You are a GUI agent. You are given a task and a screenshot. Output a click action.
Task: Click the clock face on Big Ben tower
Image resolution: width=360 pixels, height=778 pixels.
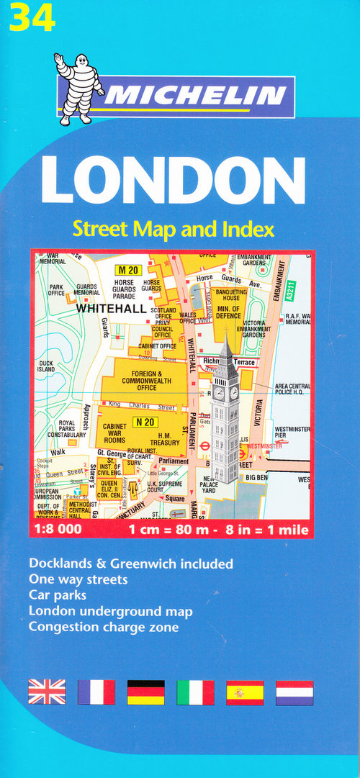[219, 393]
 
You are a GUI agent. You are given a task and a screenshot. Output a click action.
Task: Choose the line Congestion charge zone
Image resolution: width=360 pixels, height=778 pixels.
[104, 627]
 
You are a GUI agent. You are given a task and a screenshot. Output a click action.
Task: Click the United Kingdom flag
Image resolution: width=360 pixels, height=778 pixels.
[47, 692]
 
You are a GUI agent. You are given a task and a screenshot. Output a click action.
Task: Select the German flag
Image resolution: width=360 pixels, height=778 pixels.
[145, 692]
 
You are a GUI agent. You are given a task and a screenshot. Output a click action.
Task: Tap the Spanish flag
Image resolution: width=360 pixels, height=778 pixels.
[245, 692]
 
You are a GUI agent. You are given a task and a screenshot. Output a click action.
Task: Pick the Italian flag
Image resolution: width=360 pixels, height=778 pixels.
[195, 692]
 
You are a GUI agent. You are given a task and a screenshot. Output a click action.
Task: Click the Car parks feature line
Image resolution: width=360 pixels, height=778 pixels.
[58, 595]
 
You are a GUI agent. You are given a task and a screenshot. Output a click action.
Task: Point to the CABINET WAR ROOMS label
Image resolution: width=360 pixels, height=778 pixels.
[114, 433]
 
